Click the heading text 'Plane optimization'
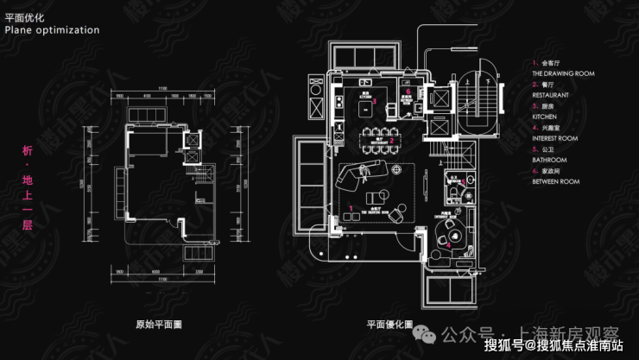pos(52,29)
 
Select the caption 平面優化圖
pos(389,325)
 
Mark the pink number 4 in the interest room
pos(448,244)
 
